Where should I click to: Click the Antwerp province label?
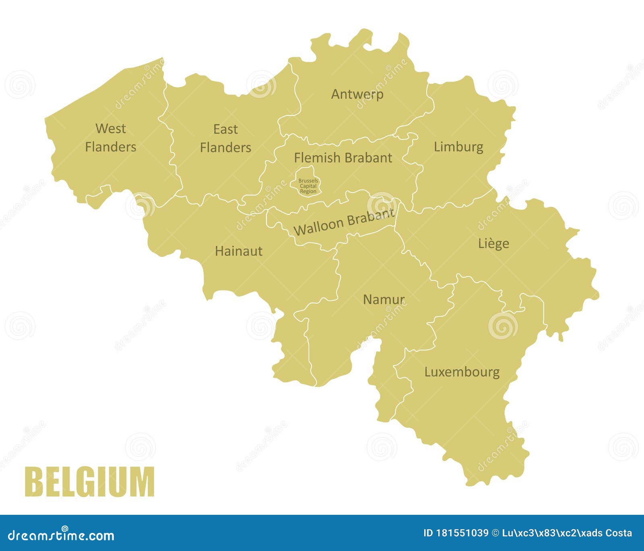coord(357,95)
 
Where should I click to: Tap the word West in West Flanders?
coord(111,129)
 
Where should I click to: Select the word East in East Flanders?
coord(225,130)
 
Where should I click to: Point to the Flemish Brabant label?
coord(343,158)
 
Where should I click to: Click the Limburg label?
coord(458,147)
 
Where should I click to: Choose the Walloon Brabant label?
coord(344,222)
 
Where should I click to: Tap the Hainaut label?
coord(239,251)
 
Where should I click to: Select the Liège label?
coord(493,243)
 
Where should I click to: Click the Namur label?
coord(384,300)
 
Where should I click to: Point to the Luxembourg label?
coord(462,372)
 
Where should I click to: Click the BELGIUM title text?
coord(89,481)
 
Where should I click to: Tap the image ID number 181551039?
coord(462,533)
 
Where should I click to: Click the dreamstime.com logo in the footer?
coord(61,535)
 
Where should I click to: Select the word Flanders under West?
coord(111,147)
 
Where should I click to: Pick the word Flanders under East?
coord(225,148)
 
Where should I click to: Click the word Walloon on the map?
coord(318,227)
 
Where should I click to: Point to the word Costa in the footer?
coord(617,533)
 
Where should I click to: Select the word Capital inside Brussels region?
coord(308,186)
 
